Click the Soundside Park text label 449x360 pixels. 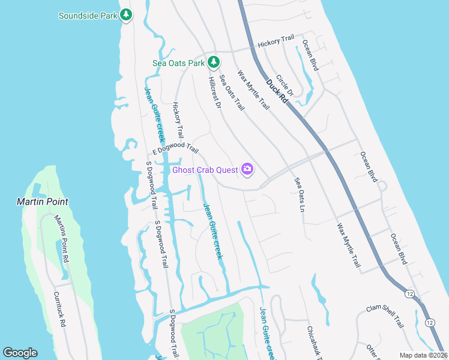[x=88, y=16]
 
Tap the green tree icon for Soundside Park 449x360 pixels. [x=126, y=15]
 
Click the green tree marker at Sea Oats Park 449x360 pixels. [x=213, y=62]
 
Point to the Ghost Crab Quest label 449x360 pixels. [x=205, y=170]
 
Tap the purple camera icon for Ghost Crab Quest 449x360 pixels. [x=247, y=170]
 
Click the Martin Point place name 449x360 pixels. [x=42, y=202]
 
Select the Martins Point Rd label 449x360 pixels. [x=61, y=239]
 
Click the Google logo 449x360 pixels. [x=20, y=353]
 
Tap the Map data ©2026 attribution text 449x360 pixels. [x=423, y=355]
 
